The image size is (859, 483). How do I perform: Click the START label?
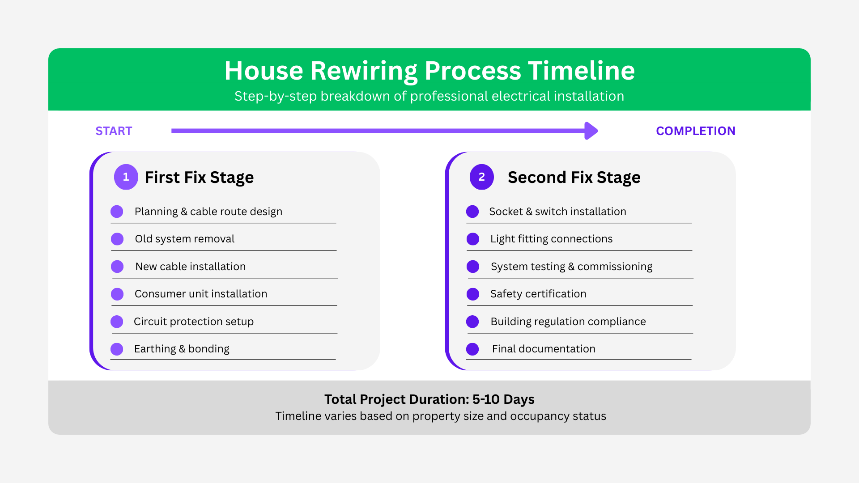114,131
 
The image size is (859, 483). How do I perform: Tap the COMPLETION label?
696,131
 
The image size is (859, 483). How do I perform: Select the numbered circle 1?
126,177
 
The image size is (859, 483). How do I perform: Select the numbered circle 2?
482,177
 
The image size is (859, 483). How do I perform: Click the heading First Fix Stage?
199,178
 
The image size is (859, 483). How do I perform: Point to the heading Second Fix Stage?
574,178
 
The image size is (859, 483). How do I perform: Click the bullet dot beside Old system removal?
117,239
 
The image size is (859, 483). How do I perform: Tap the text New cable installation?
191,267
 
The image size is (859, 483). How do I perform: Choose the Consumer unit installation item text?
201,294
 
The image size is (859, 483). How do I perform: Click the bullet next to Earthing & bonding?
117,349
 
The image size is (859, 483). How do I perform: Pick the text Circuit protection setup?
194,322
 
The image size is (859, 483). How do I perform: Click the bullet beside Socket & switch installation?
472,212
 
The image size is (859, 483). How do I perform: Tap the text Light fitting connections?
552,239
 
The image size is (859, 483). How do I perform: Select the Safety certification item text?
538,294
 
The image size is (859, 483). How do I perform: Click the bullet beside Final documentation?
472,349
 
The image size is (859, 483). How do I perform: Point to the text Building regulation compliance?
568,322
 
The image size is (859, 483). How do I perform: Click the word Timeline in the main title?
581,71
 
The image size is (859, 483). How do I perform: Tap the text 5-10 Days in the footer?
503,399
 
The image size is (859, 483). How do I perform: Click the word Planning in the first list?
156,212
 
